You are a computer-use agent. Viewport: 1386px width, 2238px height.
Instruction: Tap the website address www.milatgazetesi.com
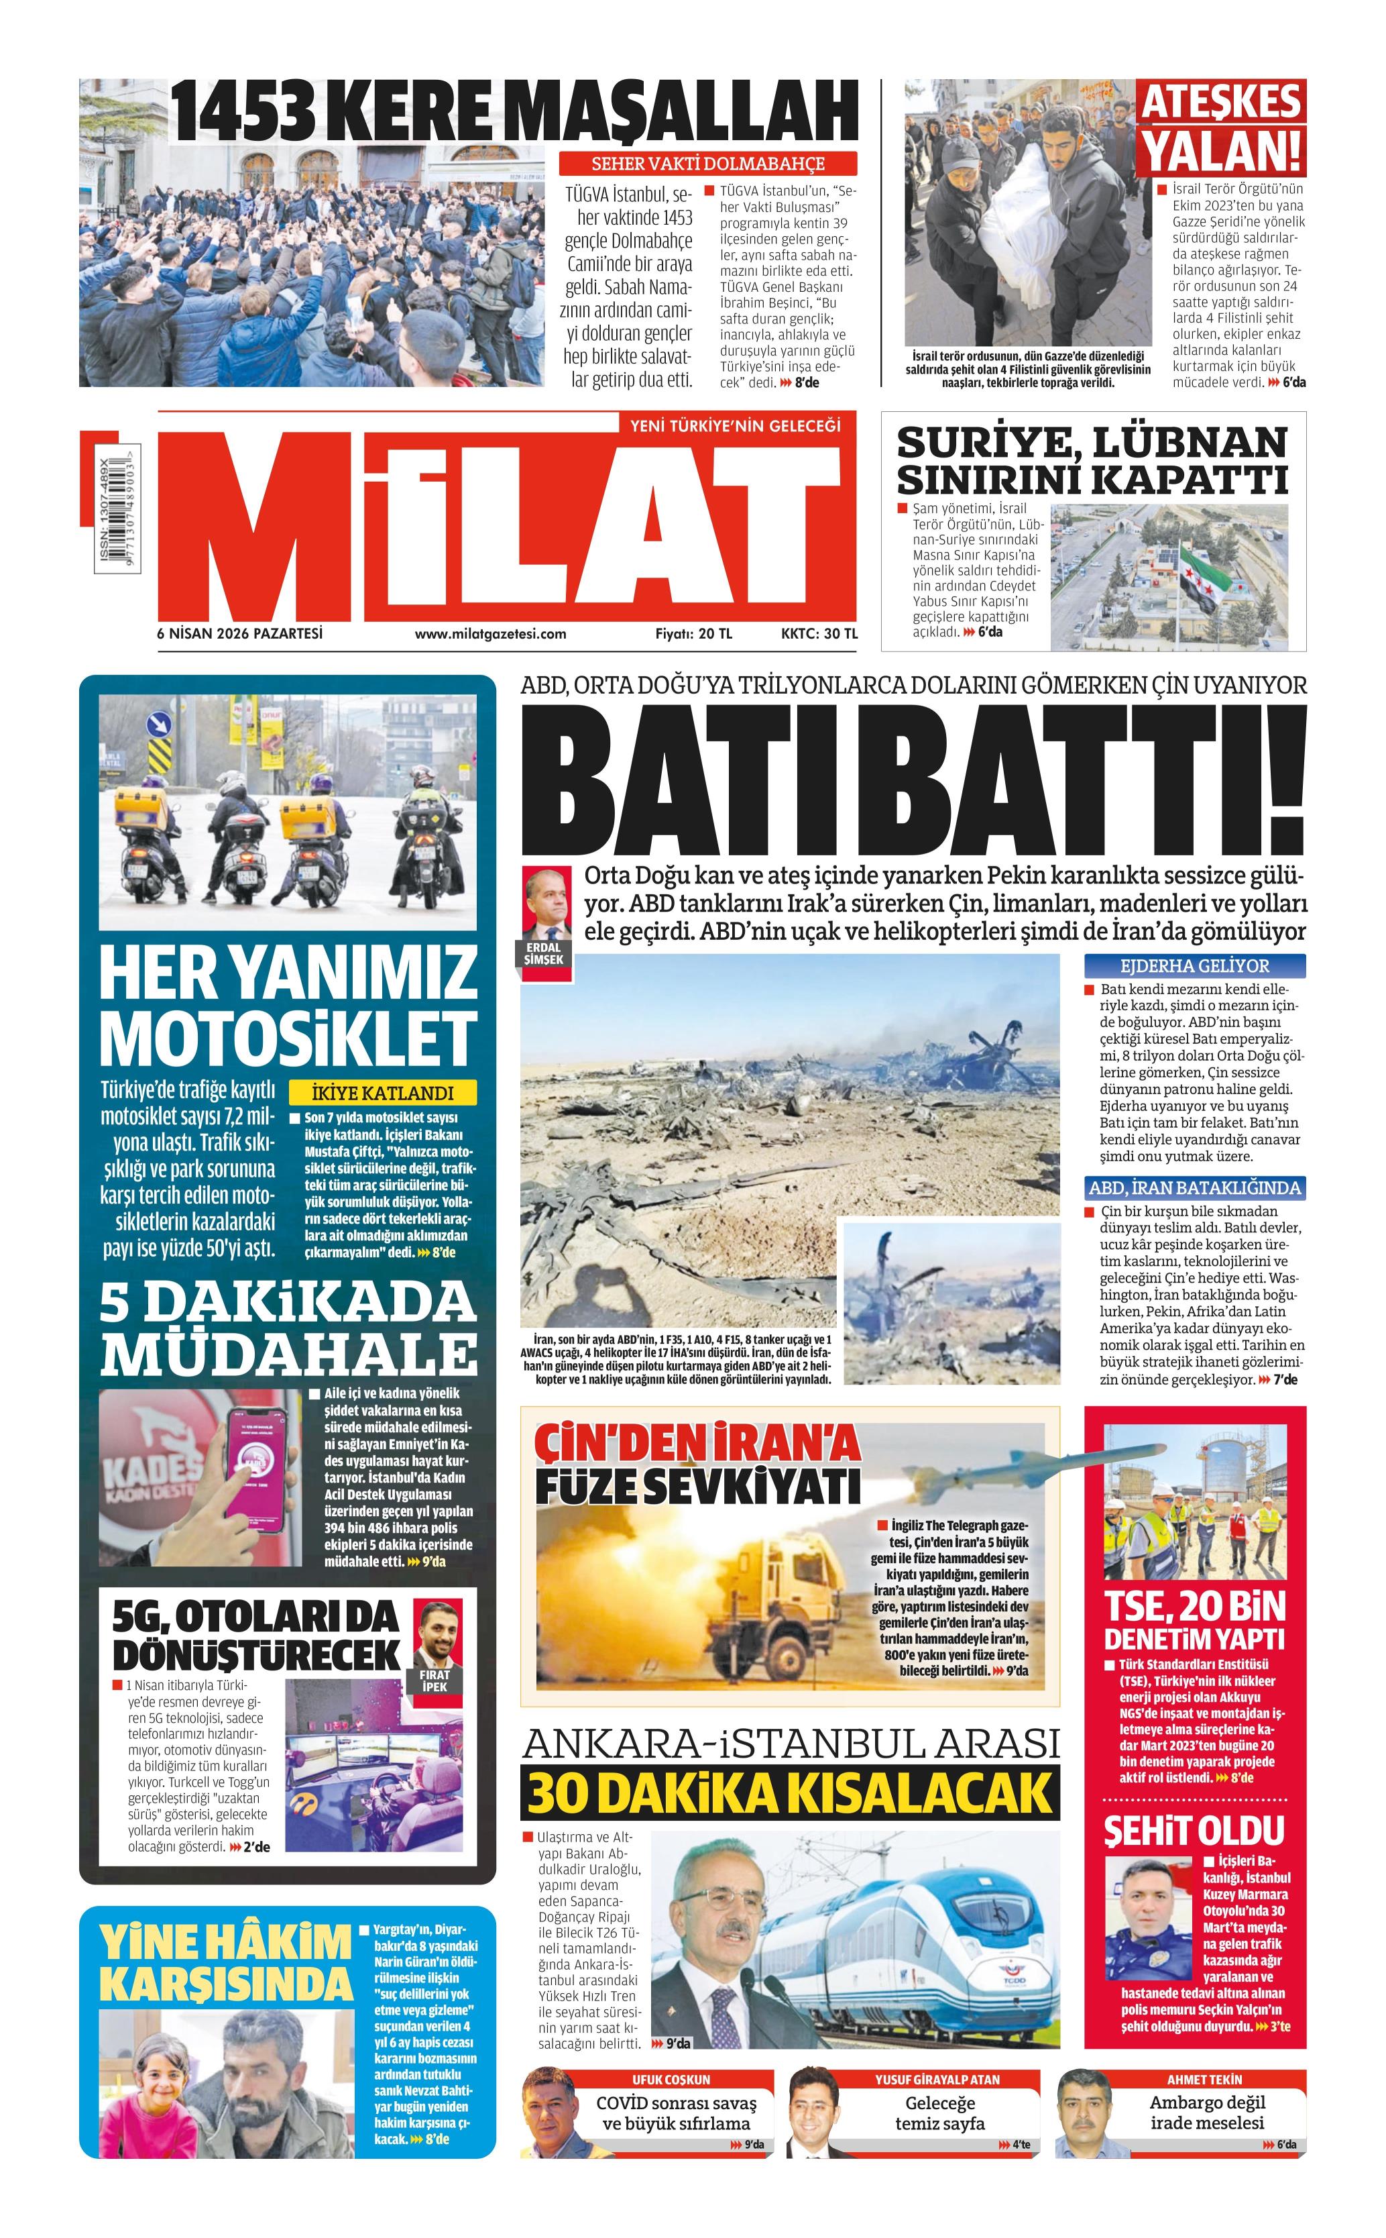coord(489,633)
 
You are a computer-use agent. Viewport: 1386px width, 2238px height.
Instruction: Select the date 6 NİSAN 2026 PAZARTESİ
coord(240,633)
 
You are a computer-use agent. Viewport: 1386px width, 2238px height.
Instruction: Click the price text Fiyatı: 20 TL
coord(693,633)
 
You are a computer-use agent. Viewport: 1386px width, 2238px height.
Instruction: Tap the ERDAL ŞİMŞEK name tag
coord(544,953)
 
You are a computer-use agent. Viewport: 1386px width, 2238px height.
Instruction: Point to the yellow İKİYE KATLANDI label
coord(383,1093)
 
